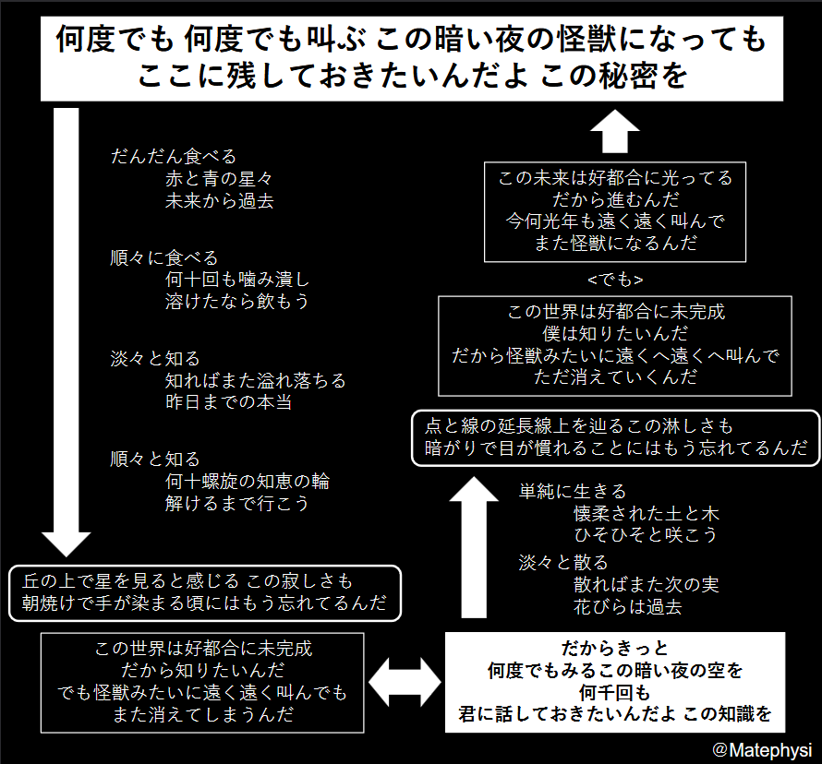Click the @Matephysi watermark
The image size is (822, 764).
click(762, 750)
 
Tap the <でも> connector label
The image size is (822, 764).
click(615, 280)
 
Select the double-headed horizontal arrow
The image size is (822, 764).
click(405, 682)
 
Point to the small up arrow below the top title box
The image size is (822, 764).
click(615, 131)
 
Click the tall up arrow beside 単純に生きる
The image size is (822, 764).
click(474, 547)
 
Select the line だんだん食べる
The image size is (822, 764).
click(174, 156)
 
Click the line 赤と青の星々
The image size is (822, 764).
click(219, 179)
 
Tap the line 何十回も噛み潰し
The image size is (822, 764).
click(237, 279)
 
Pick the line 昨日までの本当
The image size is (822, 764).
click(228, 401)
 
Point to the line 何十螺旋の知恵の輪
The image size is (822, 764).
click(248, 481)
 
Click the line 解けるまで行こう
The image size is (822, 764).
click(237, 503)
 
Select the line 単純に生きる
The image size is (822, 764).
click(573, 491)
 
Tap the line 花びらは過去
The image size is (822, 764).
click(627, 606)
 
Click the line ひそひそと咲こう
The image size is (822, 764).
click(646, 534)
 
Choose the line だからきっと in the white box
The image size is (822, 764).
click(615, 649)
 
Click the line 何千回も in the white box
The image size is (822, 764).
click(615, 692)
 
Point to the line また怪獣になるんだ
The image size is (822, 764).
click(615, 243)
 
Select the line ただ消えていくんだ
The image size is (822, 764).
click(615, 376)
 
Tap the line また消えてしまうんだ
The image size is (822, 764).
click(203, 714)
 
